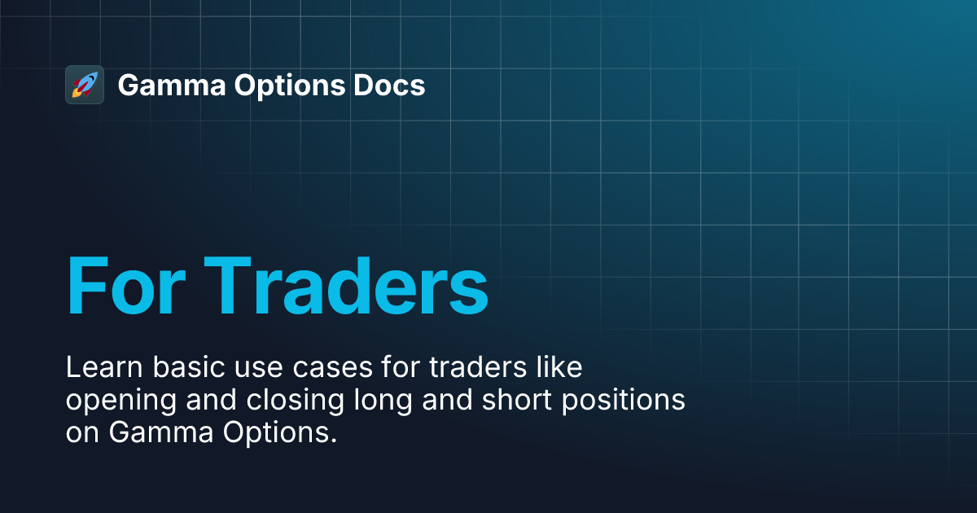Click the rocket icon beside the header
84,85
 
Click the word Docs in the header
389,85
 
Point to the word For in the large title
122,287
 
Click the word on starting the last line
83,433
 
